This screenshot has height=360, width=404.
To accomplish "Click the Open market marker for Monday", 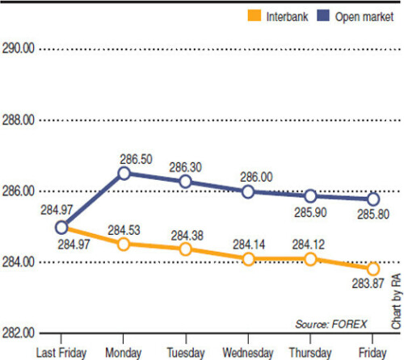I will [124, 173].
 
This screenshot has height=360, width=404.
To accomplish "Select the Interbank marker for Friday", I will [372, 269].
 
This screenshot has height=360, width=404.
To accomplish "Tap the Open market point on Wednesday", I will [248, 191].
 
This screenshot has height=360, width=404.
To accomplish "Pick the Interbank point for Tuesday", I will [186, 249].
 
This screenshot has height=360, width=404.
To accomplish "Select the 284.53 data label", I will [125, 232].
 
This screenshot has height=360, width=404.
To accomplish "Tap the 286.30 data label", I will [186, 167].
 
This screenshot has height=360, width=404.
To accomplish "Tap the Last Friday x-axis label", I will [61, 352].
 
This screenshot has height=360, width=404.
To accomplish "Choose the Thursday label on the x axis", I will [310, 352].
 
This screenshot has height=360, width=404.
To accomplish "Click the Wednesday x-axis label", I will [248, 352].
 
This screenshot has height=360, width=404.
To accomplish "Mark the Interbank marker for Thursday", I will [310, 258].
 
